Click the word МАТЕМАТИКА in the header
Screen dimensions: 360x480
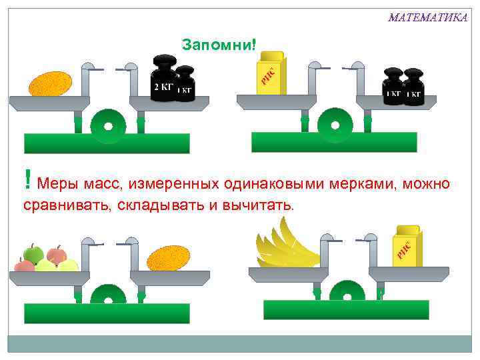427,17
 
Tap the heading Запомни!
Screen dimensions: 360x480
219,45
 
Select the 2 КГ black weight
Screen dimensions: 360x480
163,79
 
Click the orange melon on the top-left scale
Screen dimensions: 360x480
50,83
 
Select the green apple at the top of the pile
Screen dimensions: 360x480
33,253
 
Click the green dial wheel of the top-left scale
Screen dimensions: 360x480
108,126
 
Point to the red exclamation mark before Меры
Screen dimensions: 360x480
27,179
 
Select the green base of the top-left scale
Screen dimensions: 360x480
107,143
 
